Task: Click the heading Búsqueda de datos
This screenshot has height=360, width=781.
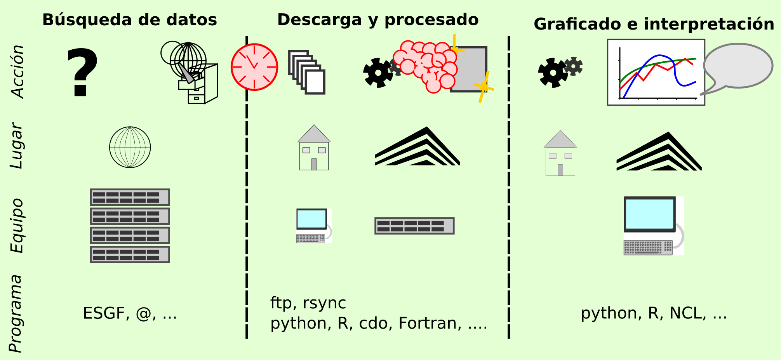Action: [129, 20]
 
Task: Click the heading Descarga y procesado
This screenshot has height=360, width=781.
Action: [377, 20]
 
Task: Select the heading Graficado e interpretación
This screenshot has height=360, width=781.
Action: [654, 24]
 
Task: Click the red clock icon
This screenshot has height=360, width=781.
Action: [254, 67]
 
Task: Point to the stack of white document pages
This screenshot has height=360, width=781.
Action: [307, 73]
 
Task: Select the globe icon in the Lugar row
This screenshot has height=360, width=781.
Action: [130, 147]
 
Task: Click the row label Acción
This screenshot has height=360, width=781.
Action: [18, 71]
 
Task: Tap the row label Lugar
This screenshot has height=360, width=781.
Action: [17, 146]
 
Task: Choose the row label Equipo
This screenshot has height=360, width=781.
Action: [17, 226]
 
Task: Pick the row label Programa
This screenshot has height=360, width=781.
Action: [16, 314]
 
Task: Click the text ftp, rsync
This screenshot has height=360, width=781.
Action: [308, 303]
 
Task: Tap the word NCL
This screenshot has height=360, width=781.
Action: [687, 313]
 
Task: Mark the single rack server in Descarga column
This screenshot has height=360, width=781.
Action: [414, 226]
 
